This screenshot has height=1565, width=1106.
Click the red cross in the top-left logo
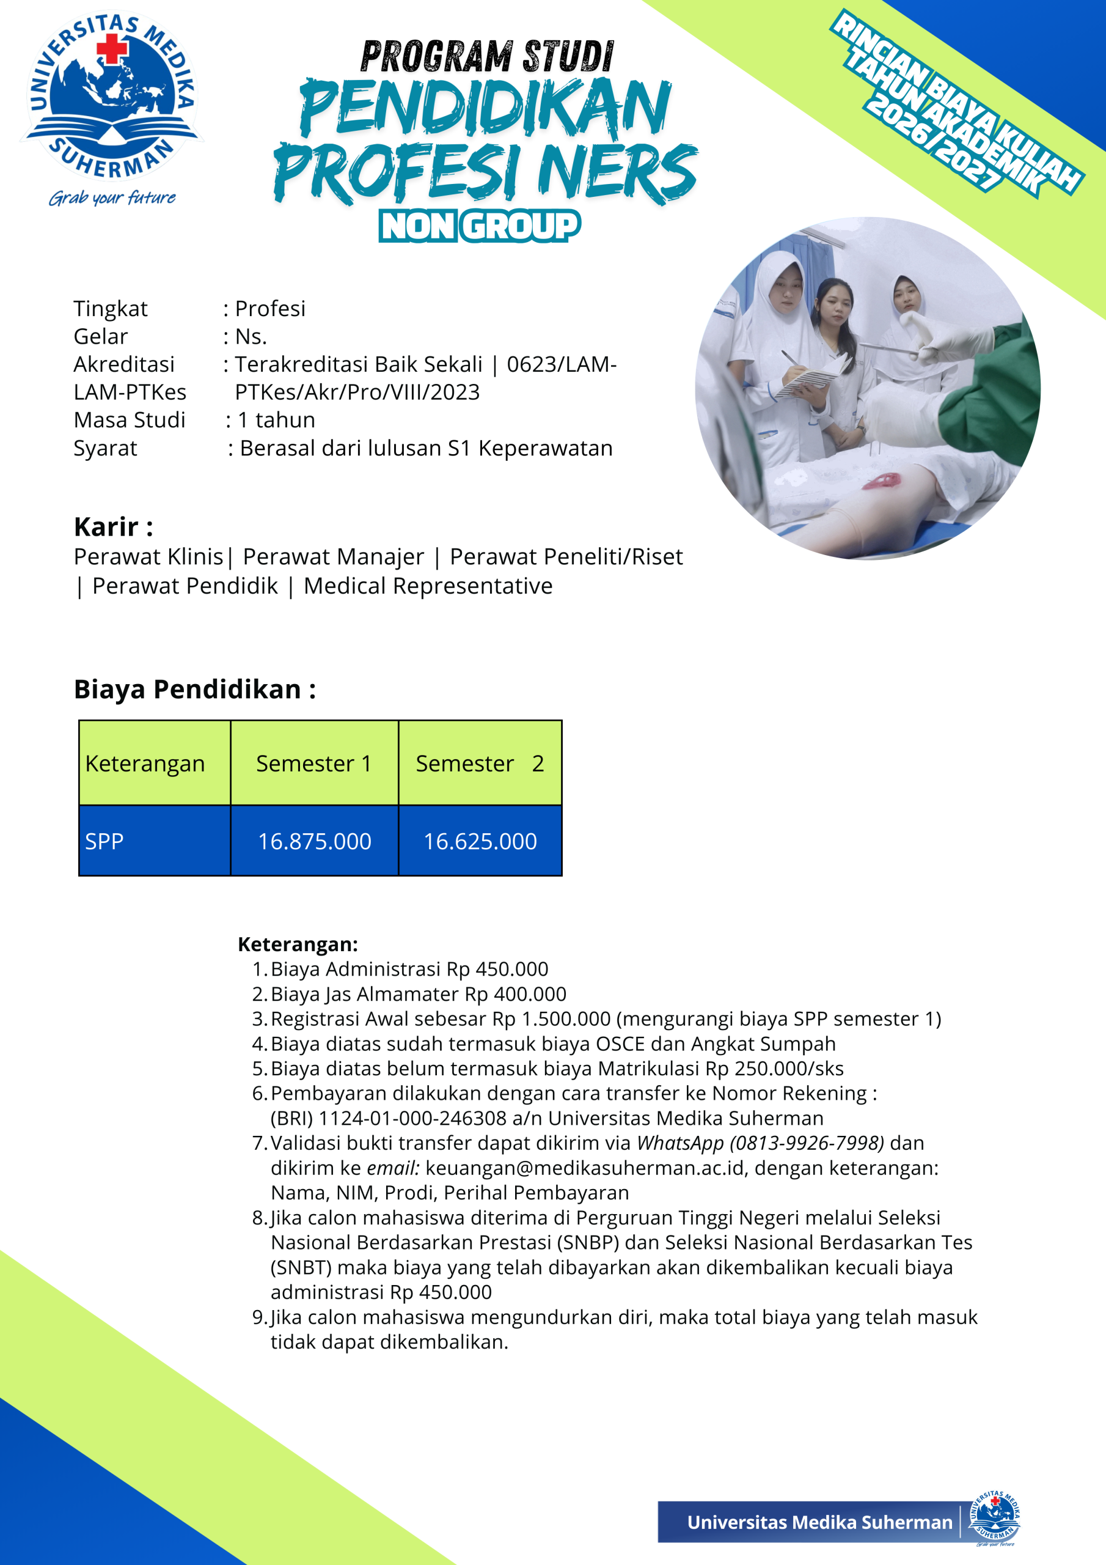coord(112,49)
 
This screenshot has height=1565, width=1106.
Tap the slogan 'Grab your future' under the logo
coord(112,197)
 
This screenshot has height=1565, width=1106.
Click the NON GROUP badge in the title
coord(480,226)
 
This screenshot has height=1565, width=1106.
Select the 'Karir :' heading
coord(113,527)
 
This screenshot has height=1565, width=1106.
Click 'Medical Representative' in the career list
coord(428,586)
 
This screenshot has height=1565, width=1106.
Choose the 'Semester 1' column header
coord(313,764)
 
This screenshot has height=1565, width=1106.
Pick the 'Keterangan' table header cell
coord(145,764)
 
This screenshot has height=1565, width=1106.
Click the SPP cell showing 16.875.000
coord(314,841)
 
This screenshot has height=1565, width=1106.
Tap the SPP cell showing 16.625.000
coord(480,841)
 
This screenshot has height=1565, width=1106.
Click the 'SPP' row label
coord(104,841)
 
